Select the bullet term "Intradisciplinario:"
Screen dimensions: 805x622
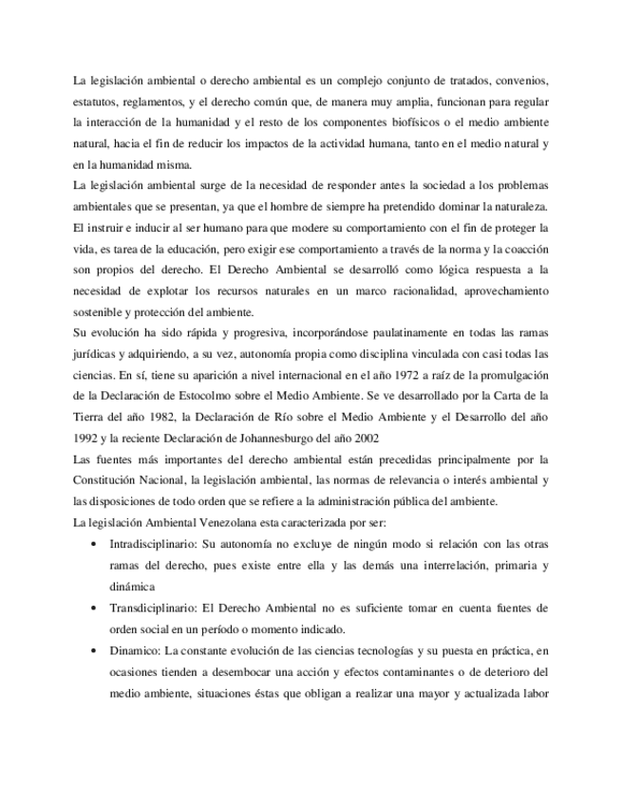point(151,545)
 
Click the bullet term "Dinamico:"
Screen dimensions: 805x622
point(135,651)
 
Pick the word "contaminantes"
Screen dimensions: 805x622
point(400,672)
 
